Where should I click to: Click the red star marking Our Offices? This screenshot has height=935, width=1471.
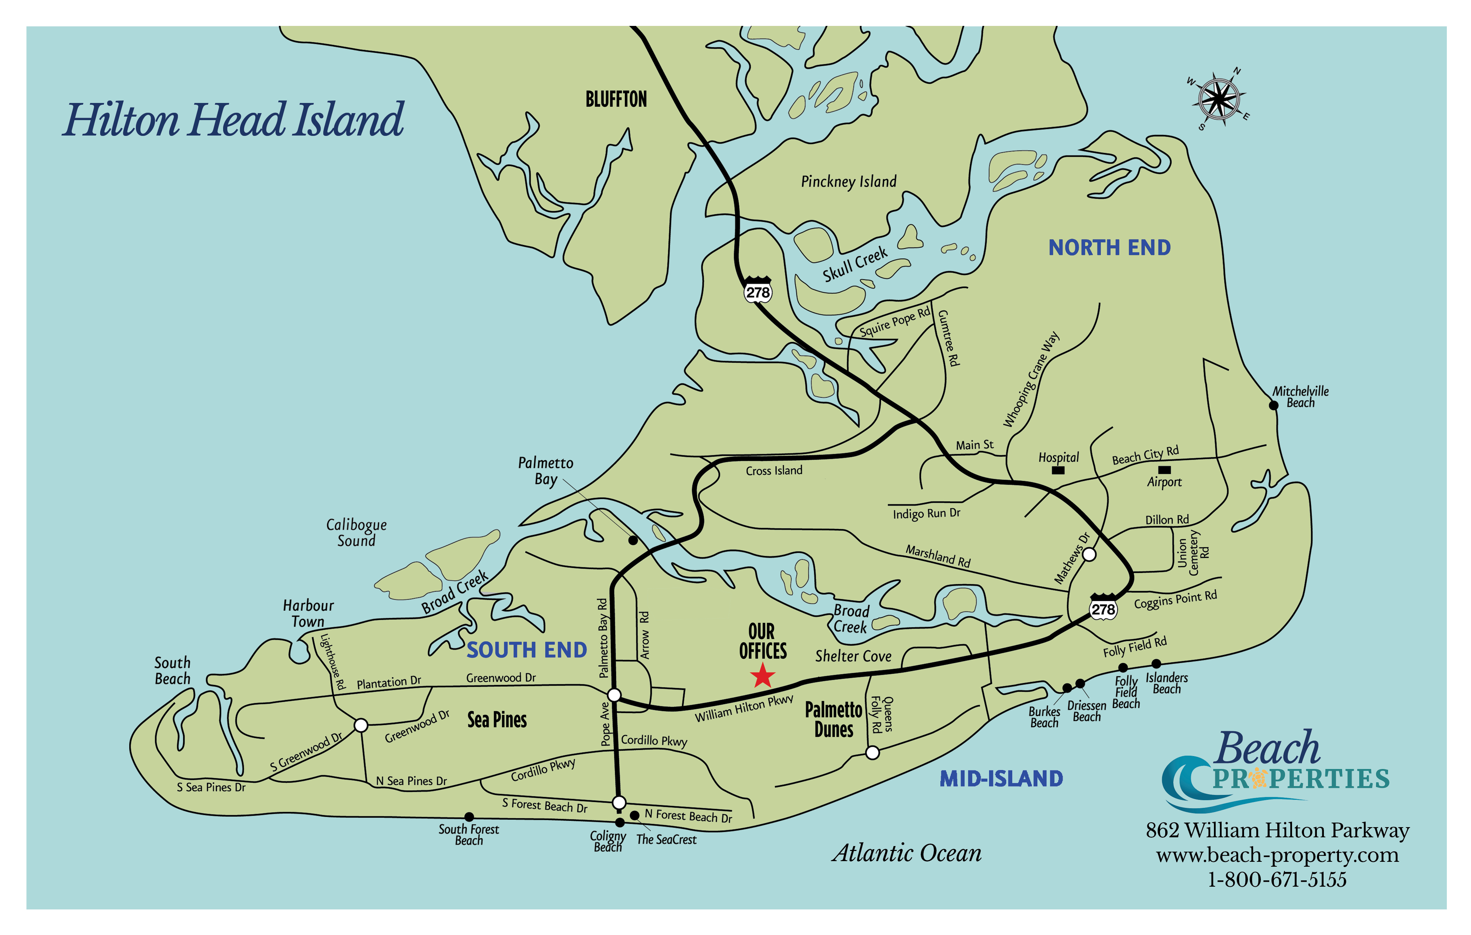[x=762, y=676]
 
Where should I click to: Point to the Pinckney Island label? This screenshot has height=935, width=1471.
[x=849, y=181]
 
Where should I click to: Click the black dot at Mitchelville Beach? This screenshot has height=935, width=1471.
[x=1274, y=405]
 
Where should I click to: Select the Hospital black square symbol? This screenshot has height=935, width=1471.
[x=1058, y=470]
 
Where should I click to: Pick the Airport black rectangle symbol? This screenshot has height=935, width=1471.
[x=1164, y=470]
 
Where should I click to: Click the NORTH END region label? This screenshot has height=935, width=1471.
[x=1109, y=247]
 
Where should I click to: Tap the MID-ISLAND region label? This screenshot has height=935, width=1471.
[x=1001, y=779]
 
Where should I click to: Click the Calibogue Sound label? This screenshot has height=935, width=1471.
[x=356, y=533]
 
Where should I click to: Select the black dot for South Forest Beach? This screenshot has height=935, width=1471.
[x=469, y=817]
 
